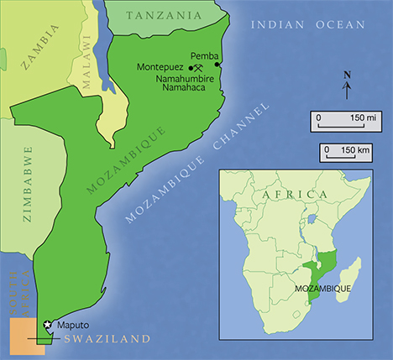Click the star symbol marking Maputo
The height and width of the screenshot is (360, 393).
pos(47,324)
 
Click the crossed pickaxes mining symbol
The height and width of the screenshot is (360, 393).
pos(197,69)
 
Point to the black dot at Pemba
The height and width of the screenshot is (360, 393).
pos(218,65)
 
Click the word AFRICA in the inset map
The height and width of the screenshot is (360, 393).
pos(293,195)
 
